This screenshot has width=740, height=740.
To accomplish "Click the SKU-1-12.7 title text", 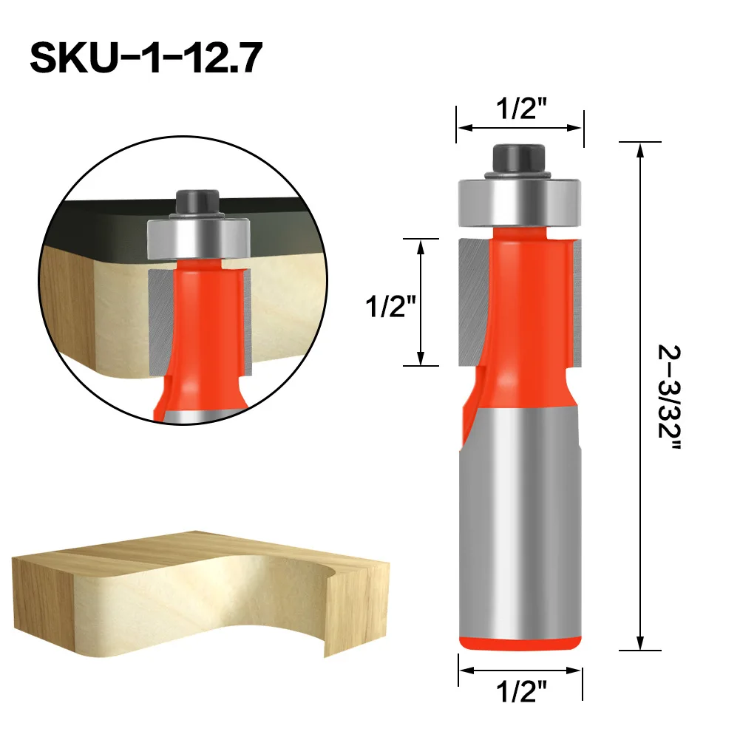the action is pos(146,58).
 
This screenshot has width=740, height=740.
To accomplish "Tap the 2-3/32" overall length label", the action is pos(669,398).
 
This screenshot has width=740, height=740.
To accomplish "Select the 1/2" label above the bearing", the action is pos(520,108).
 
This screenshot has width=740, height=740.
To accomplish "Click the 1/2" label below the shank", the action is pos(520,691).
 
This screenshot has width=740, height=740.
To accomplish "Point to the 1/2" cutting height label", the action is pos(390,306).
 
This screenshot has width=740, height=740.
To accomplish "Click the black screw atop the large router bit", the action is pos(519,160).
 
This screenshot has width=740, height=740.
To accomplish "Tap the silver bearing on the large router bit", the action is pos(520,202).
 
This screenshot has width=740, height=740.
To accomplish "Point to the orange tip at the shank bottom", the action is pos(520,642).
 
